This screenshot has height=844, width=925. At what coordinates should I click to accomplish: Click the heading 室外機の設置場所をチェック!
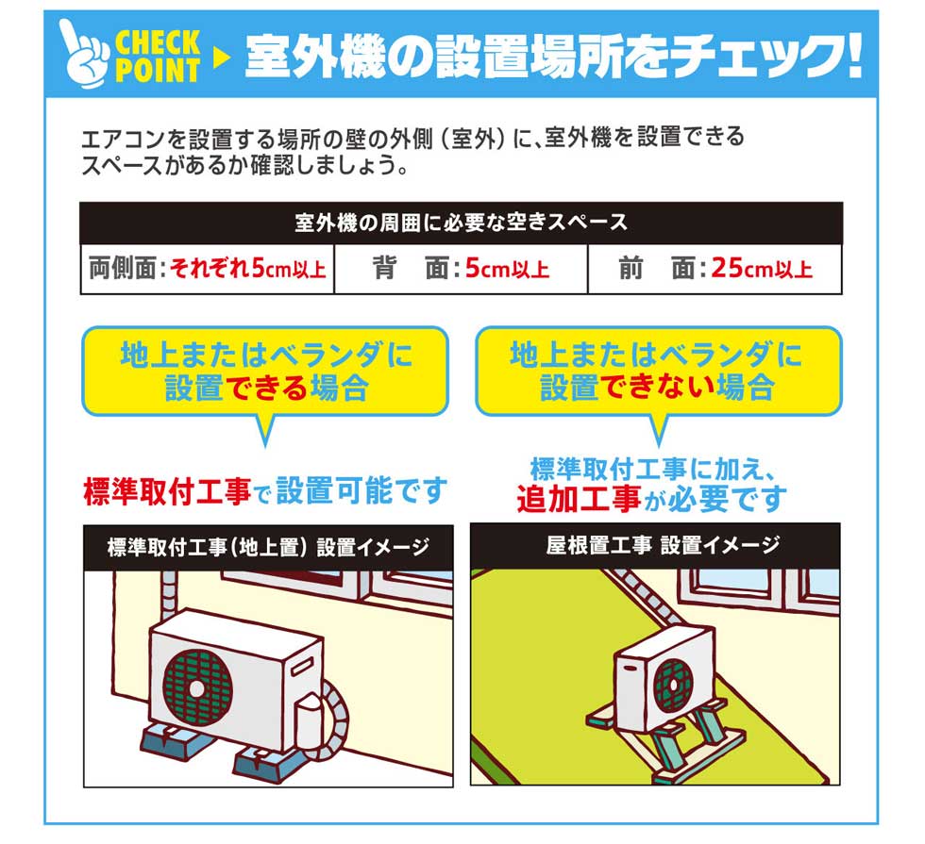552,58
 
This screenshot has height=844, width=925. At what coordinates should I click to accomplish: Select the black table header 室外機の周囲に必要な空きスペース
461,223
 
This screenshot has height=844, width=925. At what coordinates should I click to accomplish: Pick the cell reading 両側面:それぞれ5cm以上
207,270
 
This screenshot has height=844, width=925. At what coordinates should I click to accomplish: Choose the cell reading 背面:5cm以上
461,270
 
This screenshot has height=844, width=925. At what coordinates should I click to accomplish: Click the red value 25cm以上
762,270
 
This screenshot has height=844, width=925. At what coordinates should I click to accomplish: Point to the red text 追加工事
579,497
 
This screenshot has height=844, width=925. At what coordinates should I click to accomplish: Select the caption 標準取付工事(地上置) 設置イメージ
268,548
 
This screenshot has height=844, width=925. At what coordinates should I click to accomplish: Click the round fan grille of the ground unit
196,686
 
